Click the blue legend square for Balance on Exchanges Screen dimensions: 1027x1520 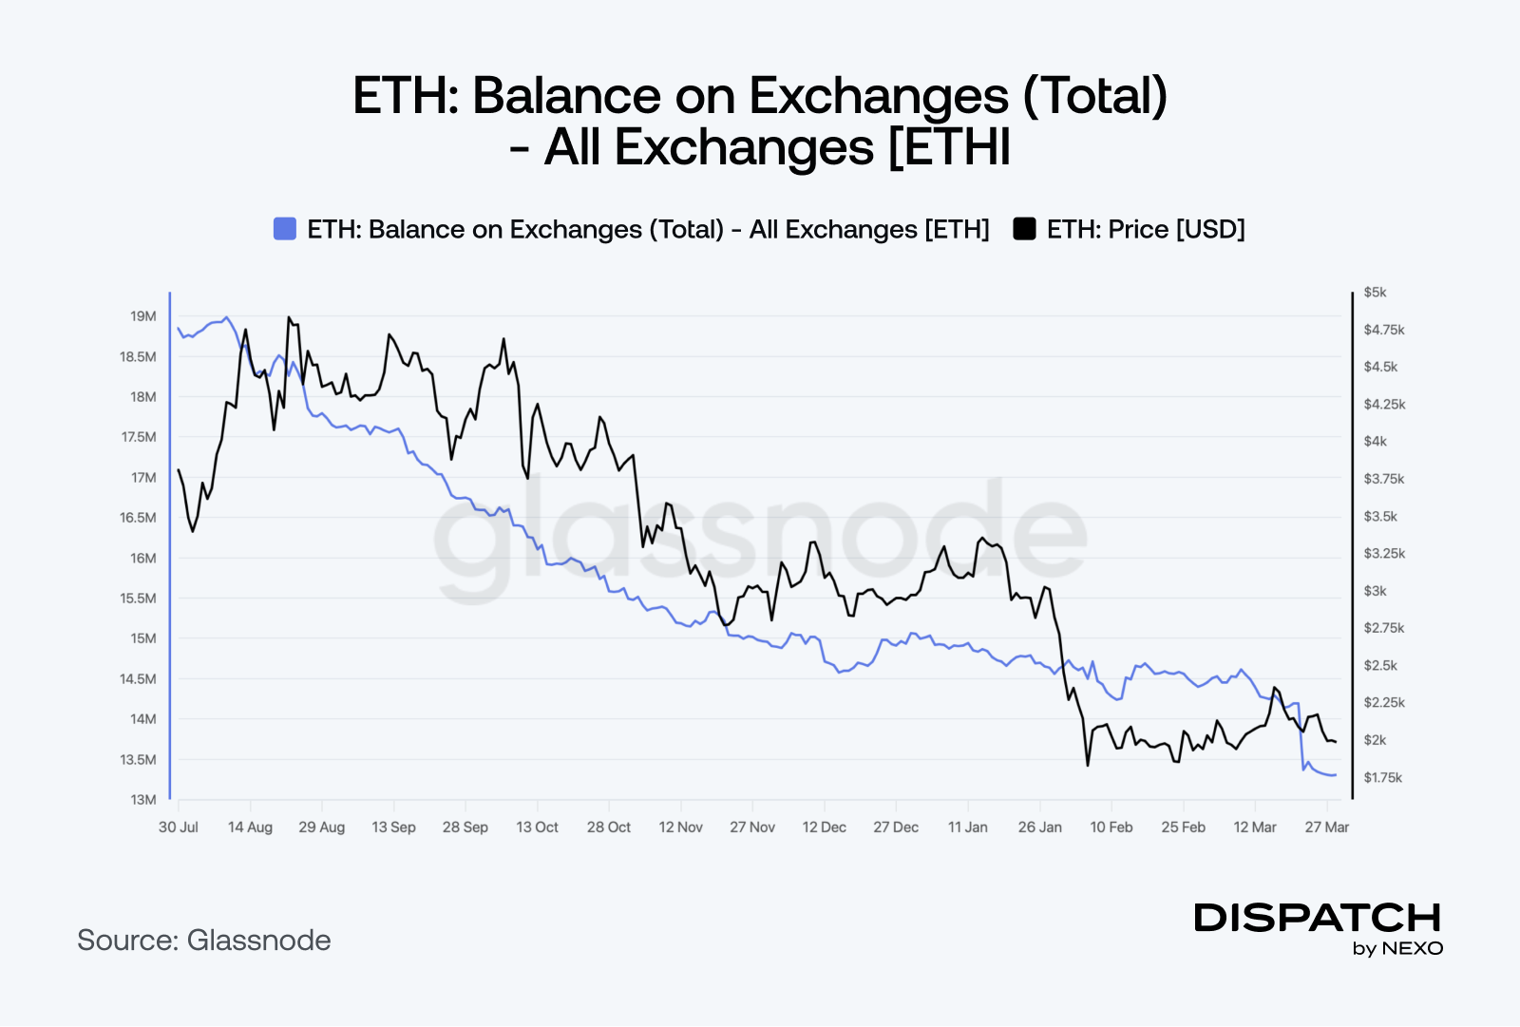pos(285,229)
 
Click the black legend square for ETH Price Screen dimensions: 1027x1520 pos(1024,229)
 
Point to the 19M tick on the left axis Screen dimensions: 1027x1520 pos(143,316)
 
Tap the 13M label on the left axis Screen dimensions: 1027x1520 pos(143,800)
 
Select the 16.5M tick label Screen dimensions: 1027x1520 pos(138,518)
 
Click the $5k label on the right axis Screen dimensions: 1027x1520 pos(1375,292)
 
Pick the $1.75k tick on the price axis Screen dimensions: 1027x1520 pos(1382,778)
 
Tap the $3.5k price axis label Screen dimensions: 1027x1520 pos(1380,517)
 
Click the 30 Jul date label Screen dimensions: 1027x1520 pos(179,827)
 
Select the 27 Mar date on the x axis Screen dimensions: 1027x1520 pos(1326,827)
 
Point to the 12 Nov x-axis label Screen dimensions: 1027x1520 pos(680,827)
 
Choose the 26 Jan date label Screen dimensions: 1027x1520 pos(1039,827)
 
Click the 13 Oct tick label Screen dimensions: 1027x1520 pos(537,827)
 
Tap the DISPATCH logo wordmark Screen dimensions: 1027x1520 pos(1318,918)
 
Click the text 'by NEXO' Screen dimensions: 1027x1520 pos(1397,948)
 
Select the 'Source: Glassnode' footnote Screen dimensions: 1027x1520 pos(204,941)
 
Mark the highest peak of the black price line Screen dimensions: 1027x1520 pos(288,317)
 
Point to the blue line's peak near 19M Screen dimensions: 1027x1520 pos(226,317)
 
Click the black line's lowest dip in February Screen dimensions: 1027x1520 pos(1087,765)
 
